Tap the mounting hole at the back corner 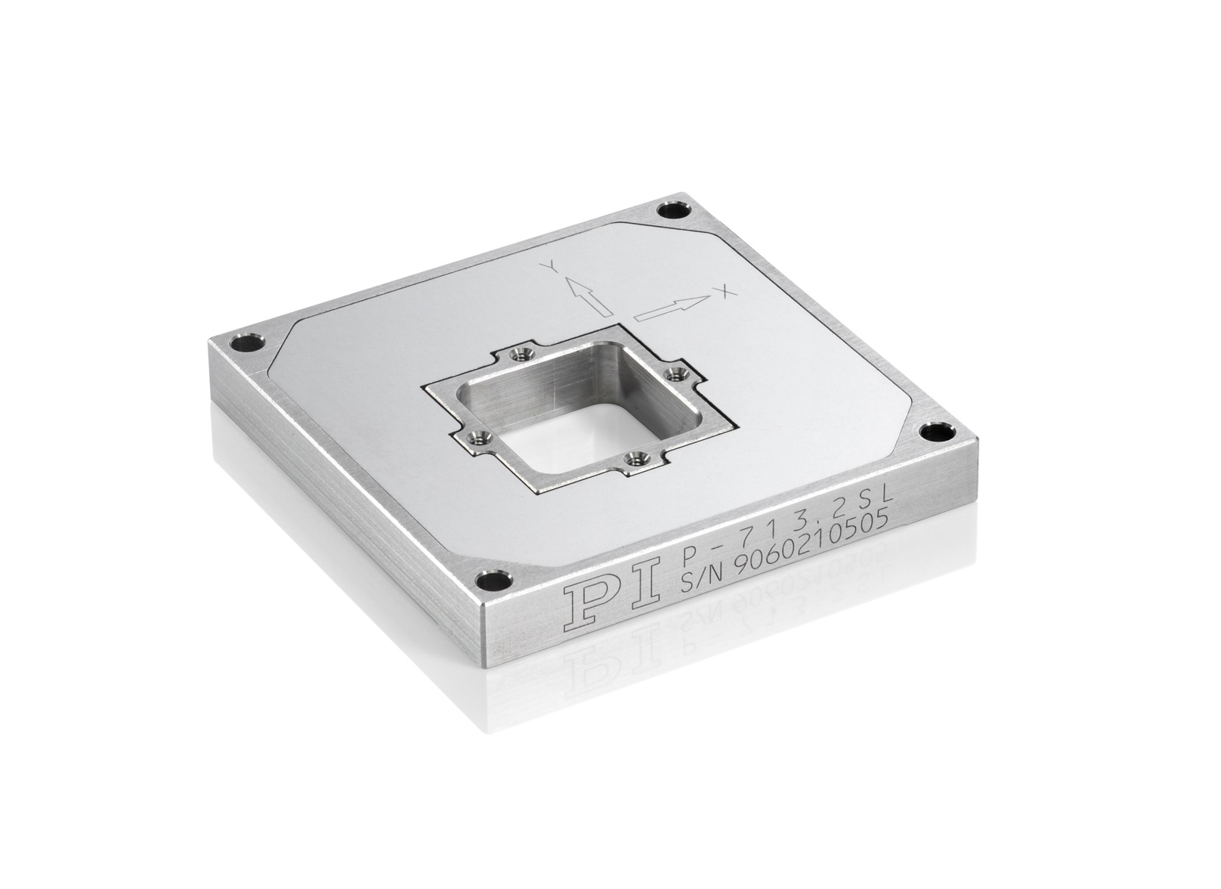point(671,209)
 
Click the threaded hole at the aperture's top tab point(518,352)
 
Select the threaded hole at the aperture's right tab point(672,373)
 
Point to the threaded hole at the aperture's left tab point(475,436)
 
